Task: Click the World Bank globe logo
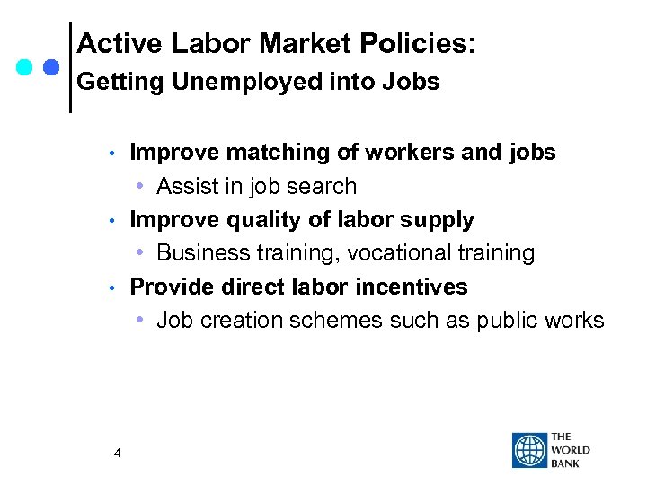(529, 450)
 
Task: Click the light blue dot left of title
(24, 67)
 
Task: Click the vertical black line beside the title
(70, 67)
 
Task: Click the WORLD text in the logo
(570, 450)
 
